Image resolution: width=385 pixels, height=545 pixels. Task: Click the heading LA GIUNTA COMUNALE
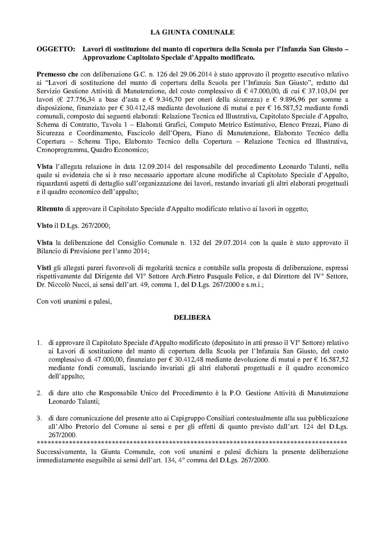coord(192,32)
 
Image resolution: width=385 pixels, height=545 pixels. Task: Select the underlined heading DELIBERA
coord(192,318)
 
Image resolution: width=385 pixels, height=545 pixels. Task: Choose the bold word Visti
coord(44,268)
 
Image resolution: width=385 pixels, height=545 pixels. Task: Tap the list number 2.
coord(39,393)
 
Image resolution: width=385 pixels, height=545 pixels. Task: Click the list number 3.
coord(39,418)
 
